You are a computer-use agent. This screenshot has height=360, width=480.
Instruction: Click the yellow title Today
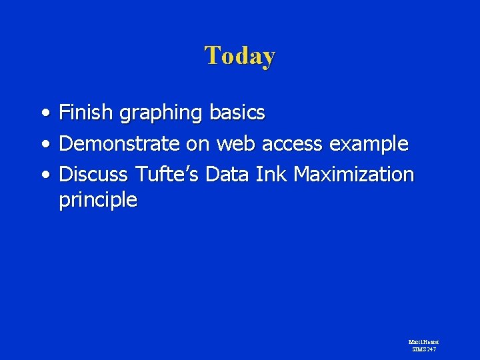pos(240,55)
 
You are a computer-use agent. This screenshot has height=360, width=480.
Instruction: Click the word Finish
pos(87,113)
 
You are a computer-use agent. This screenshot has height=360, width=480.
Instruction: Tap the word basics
pos(237,113)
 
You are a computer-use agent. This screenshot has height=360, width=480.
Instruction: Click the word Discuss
pos(94,175)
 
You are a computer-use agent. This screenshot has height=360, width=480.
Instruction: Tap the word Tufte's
pos(167,175)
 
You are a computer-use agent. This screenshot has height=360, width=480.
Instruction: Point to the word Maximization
pos(354,175)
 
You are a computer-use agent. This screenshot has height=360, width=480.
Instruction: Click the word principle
pos(98,200)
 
